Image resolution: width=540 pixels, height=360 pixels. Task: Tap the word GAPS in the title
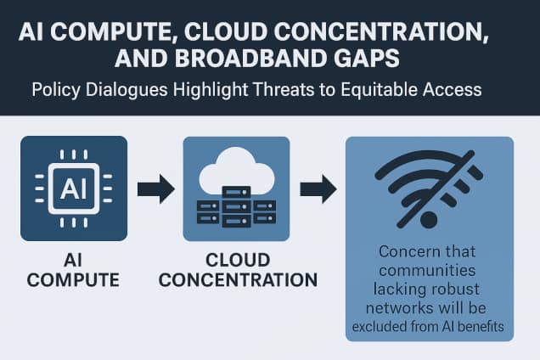365,63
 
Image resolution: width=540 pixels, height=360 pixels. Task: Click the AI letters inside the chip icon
74,188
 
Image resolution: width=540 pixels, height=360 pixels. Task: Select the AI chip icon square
74,188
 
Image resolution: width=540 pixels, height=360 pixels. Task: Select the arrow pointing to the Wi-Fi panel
315,188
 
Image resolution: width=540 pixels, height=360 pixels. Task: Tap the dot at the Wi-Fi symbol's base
429,218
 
